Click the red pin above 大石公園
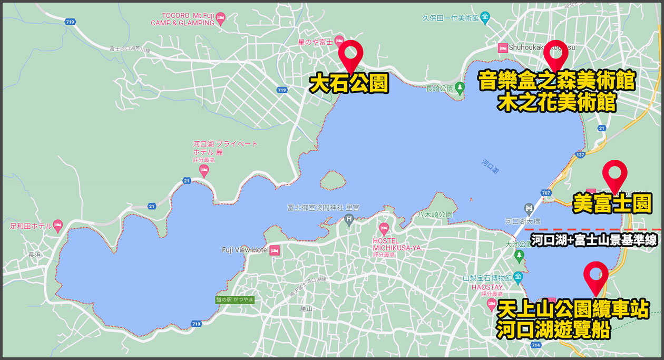click(x=350, y=53)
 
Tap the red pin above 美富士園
click(x=614, y=173)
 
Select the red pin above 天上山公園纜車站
click(x=596, y=275)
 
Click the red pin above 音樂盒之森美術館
click(x=555, y=53)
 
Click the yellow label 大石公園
click(x=349, y=84)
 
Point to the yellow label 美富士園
click(x=612, y=203)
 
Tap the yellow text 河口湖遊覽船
click(x=553, y=330)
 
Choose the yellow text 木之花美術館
click(x=556, y=102)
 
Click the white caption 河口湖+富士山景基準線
click(x=593, y=241)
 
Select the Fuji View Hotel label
click(x=245, y=250)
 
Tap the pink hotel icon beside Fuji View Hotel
click(x=274, y=250)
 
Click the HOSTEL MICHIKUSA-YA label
click(x=398, y=244)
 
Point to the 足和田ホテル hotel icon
click(x=58, y=225)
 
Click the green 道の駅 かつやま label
click(x=235, y=299)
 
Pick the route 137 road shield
click(x=581, y=155)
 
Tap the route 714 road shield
click(x=536, y=345)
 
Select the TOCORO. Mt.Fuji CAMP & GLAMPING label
click(x=182, y=20)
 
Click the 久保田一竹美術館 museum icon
click(x=485, y=18)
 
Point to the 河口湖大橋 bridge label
click(x=520, y=221)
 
